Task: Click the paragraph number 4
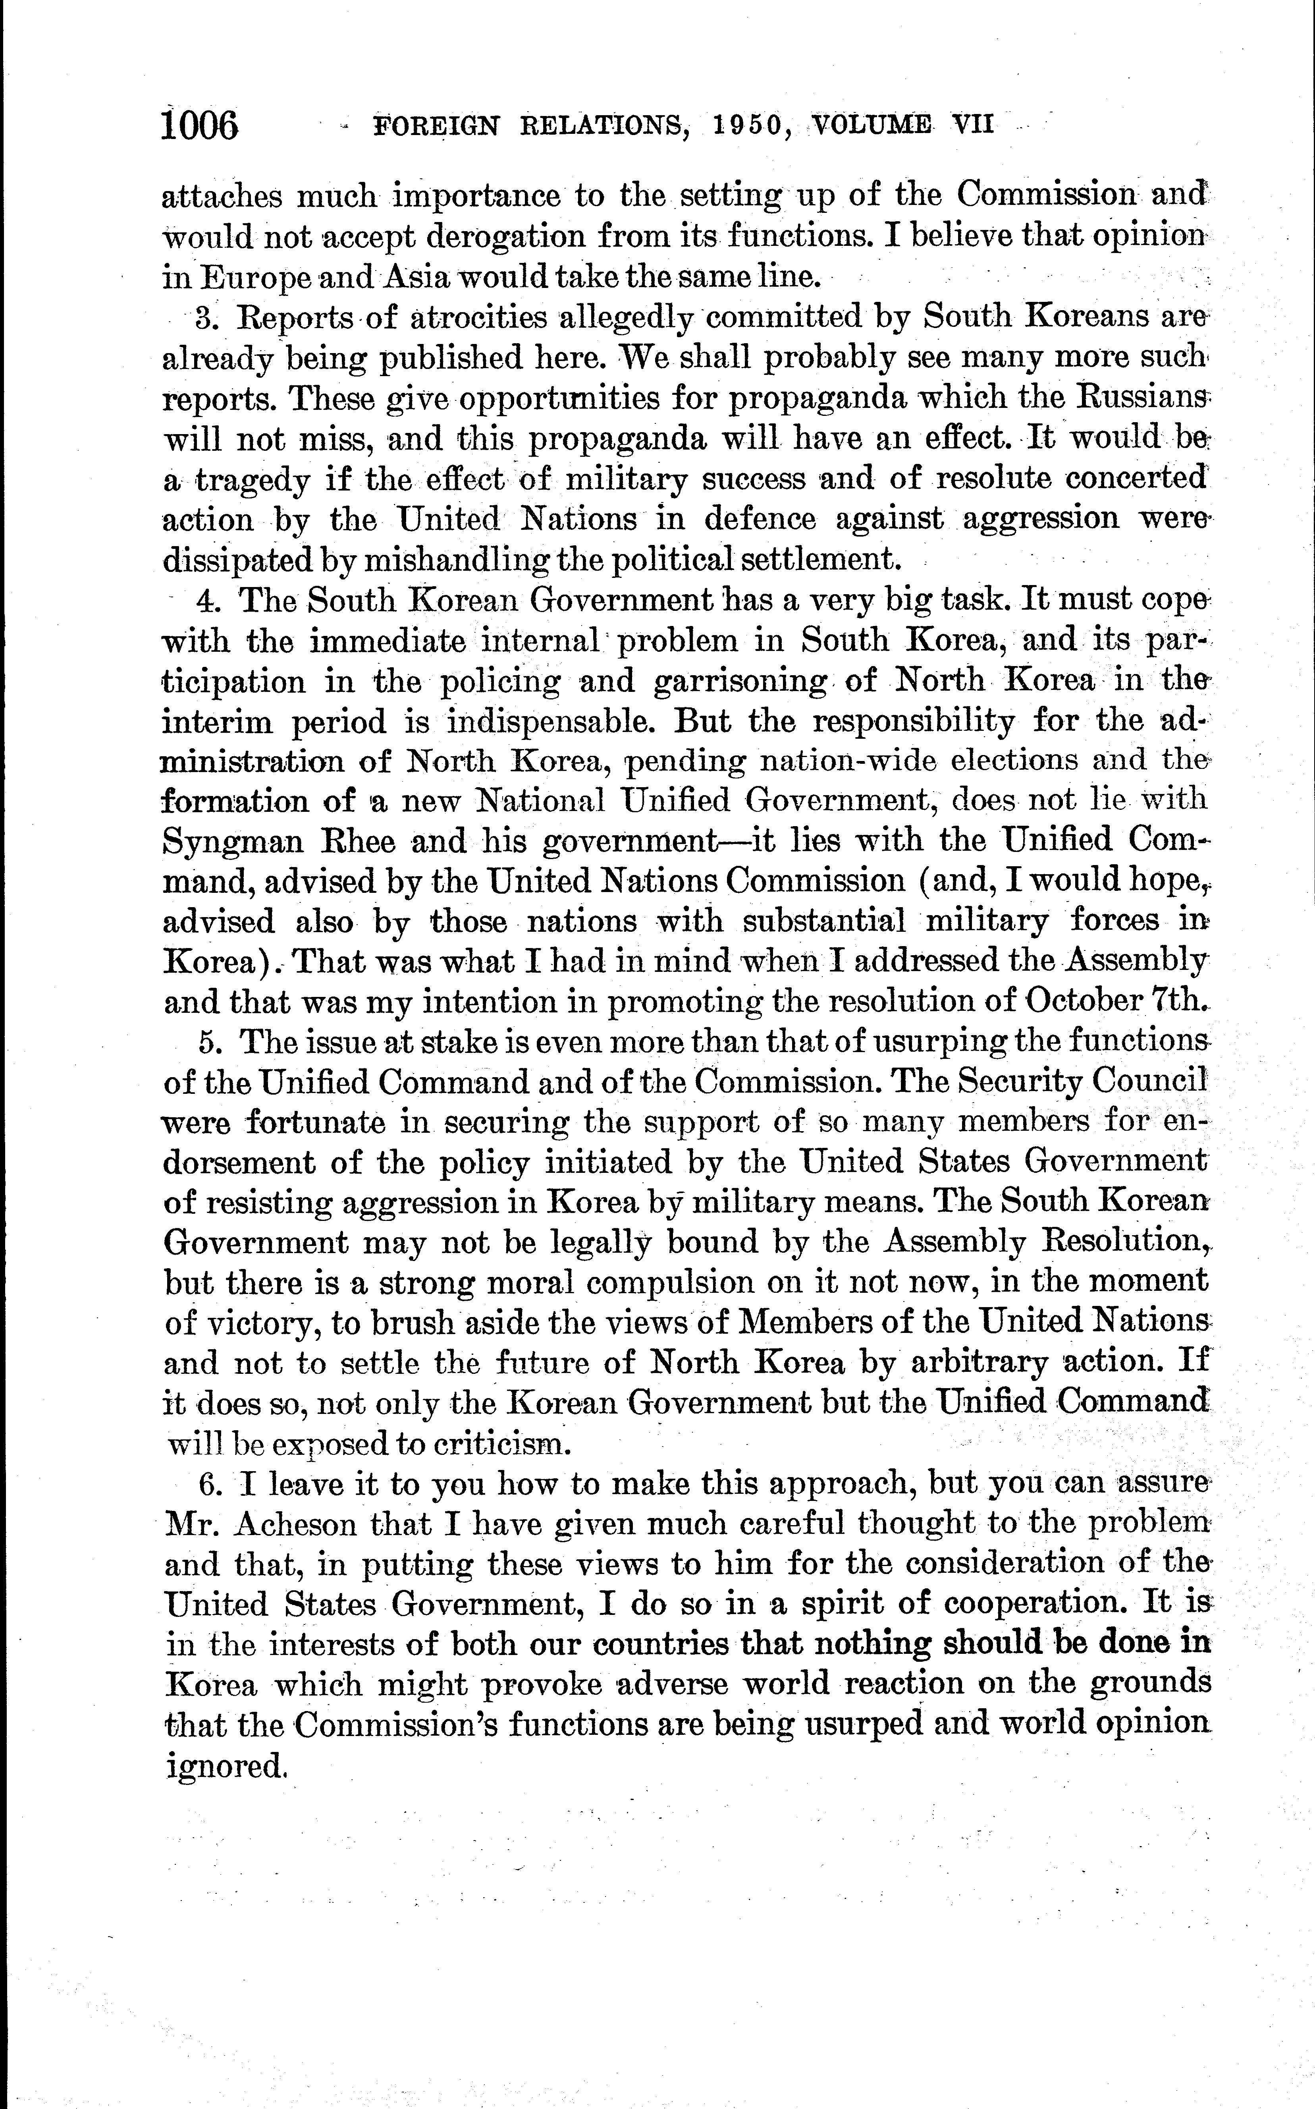[206, 601]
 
